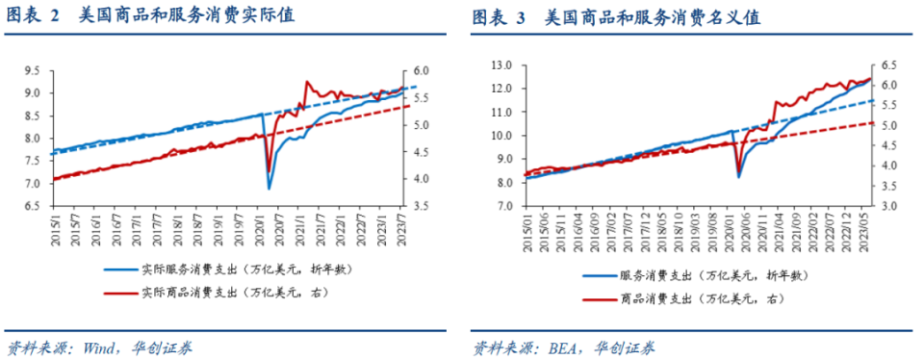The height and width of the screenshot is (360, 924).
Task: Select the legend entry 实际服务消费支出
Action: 231,272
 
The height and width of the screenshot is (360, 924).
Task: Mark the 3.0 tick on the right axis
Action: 891,207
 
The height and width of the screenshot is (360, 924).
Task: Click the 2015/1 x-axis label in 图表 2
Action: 55,228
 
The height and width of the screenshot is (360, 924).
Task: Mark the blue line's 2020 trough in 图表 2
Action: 269,188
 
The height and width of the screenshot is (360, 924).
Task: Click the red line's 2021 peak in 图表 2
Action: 306,82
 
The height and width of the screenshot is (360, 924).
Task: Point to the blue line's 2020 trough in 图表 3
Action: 739,176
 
